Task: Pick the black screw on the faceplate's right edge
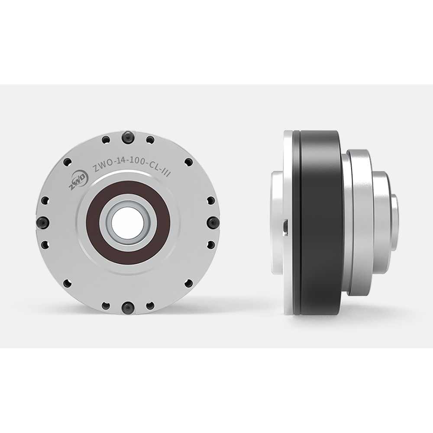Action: [x=213, y=223]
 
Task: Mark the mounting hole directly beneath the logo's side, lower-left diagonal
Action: [x=67, y=283]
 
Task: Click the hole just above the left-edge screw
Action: [x=45, y=200]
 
